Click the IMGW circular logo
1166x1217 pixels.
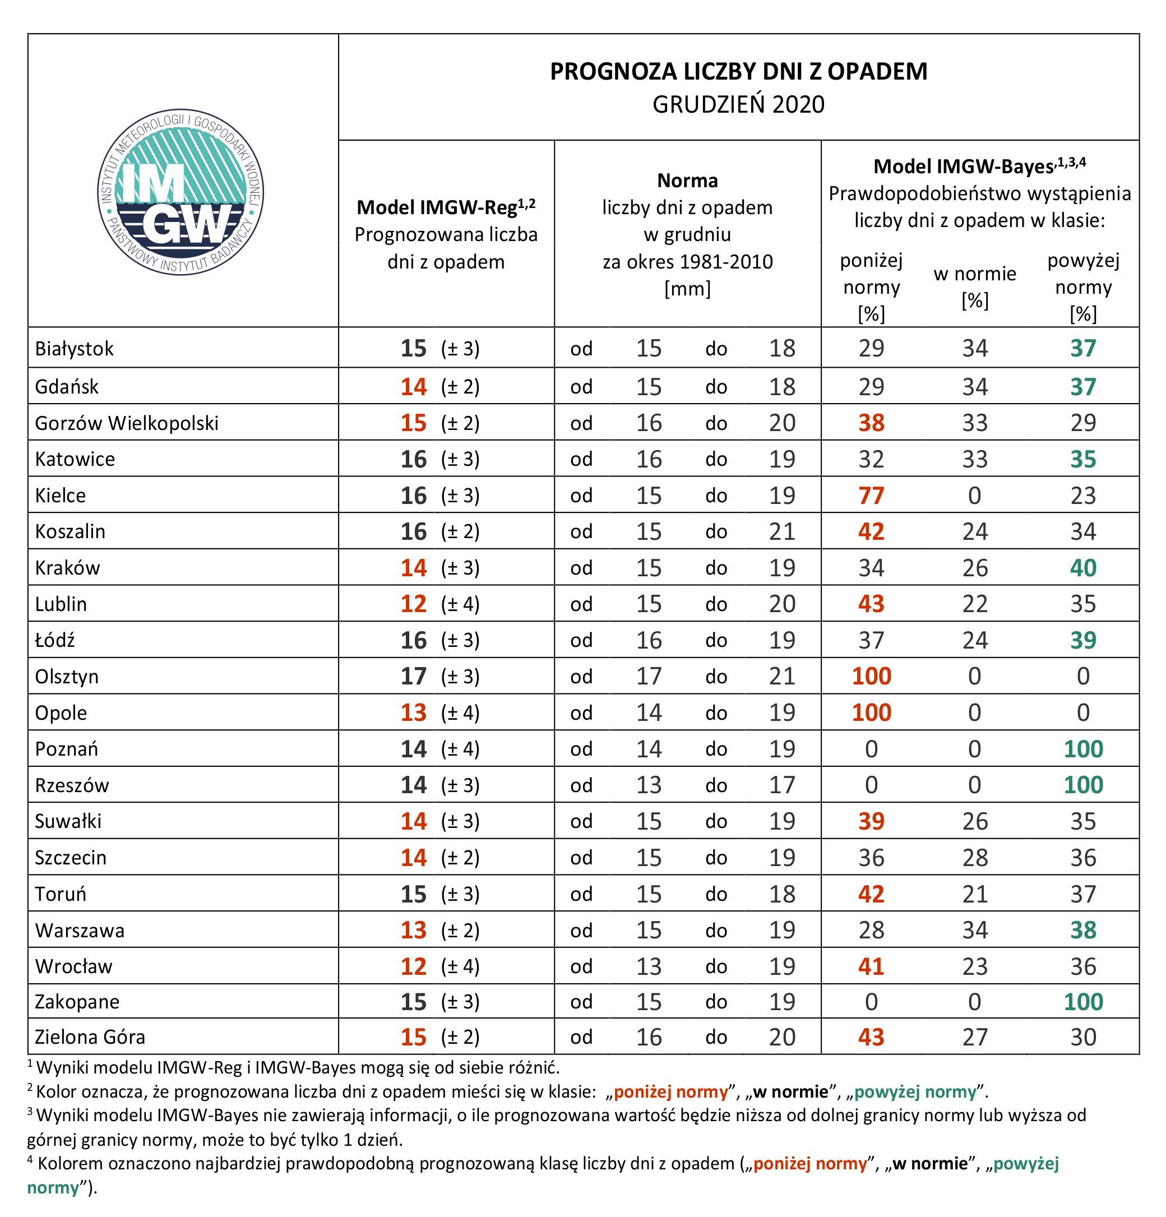pos(180,192)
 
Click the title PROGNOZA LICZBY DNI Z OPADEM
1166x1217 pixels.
pos(738,71)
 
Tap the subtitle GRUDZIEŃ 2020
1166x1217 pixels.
pos(738,104)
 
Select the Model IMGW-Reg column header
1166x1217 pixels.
pos(446,207)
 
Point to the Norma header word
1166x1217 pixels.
pos(687,181)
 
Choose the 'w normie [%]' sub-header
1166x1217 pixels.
pos(975,287)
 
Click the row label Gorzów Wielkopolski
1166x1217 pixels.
pos(127,423)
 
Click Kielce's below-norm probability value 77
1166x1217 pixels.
pos(871,496)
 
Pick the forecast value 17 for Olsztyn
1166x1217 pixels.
pos(414,676)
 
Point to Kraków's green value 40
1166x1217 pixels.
pos(1084,567)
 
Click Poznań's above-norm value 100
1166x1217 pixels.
pos(1084,749)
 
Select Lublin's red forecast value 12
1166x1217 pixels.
pos(414,604)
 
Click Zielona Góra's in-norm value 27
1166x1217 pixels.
pos(975,1037)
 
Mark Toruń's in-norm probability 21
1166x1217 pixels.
pos(975,894)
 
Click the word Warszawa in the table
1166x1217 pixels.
pos(80,930)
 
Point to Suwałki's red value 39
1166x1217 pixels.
pos(871,821)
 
